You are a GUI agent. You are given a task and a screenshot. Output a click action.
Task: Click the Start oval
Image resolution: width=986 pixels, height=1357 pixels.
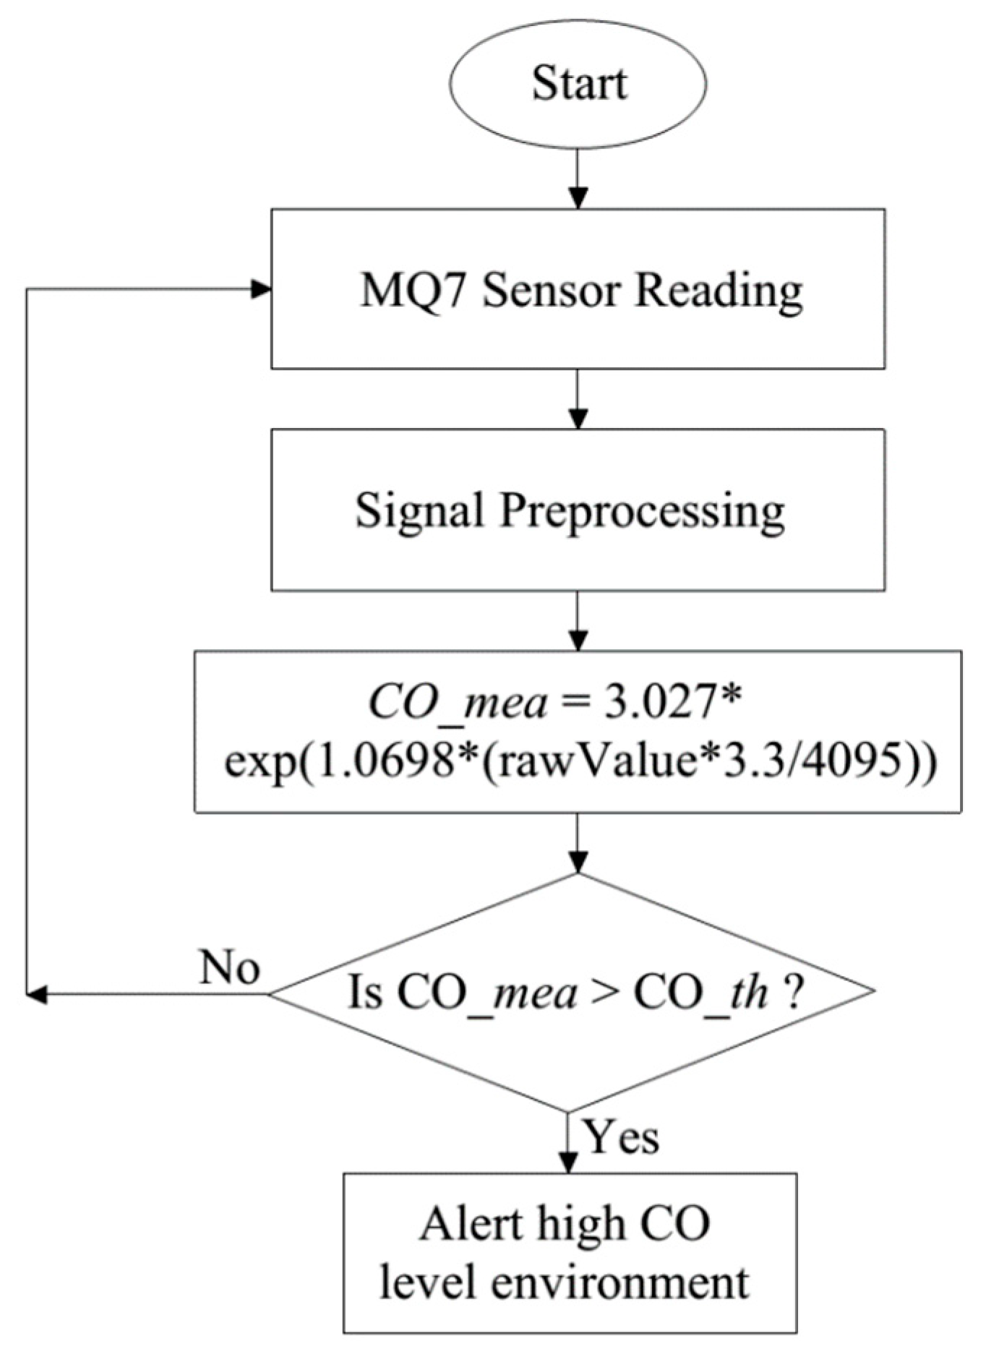579,83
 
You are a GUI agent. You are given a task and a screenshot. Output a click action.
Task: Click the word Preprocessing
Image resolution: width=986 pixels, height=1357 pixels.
642,512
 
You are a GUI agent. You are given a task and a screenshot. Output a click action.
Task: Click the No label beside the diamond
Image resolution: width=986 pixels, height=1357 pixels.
229,967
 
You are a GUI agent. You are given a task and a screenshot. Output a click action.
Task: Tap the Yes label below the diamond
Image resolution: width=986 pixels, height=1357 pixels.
621,1137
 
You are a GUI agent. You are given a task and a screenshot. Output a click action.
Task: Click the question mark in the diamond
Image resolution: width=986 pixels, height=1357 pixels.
793,992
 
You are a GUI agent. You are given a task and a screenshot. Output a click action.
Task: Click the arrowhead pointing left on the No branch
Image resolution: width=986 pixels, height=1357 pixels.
36,994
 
